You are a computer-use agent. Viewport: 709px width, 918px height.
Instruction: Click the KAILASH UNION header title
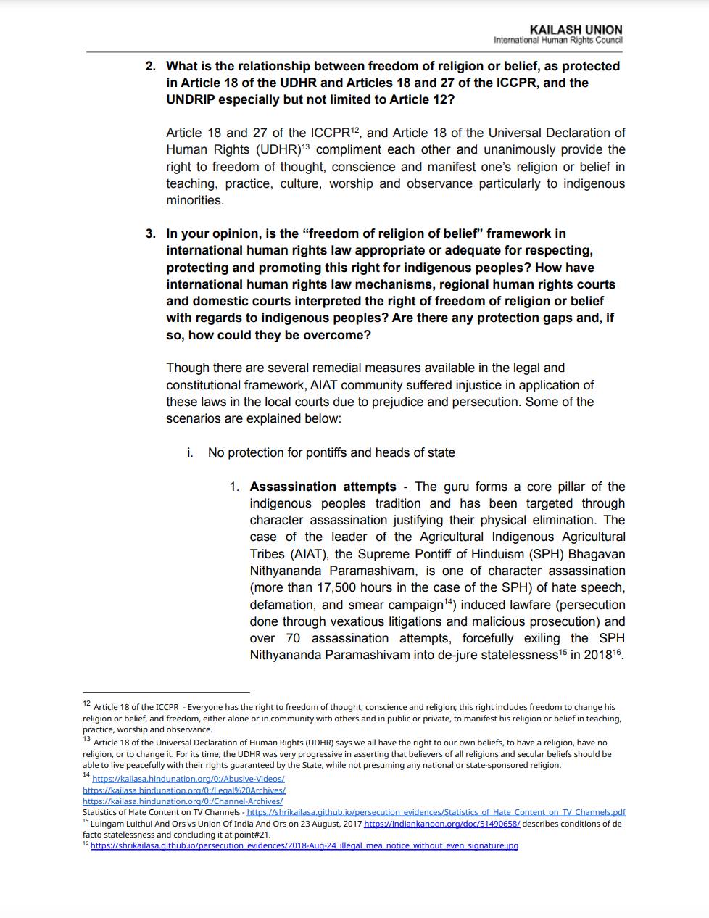576,30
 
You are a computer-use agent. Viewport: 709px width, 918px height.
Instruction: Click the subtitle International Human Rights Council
557,41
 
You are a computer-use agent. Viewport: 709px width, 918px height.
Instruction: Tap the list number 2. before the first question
150,66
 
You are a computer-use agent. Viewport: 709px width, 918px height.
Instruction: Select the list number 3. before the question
150,233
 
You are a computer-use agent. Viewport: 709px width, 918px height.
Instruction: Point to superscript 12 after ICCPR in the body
355,130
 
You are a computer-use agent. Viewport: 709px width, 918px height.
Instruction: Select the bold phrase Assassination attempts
323,487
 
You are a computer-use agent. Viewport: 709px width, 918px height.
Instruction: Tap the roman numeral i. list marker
190,452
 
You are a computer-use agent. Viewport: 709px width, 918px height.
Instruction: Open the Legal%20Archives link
184,790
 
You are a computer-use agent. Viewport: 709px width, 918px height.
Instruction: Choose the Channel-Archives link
183,801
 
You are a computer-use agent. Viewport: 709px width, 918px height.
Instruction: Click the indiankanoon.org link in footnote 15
441,824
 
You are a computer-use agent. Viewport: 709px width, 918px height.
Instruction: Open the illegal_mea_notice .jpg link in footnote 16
304,845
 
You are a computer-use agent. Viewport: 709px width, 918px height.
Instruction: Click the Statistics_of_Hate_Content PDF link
436,813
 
